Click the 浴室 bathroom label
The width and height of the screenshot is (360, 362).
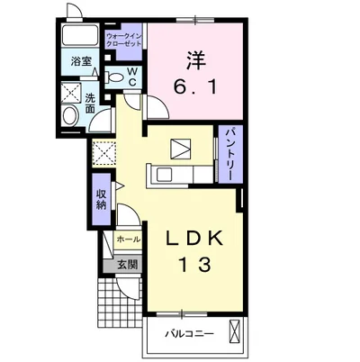tap(81, 61)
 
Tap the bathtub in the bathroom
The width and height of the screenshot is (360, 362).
tap(80, 35)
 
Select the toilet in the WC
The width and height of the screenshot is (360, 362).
tap(114, 77)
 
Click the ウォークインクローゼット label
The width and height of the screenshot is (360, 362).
tap(123, 40)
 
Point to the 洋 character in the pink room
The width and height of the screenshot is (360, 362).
tap(195, 59)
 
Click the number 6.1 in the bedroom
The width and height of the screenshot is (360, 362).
tap(195, 87)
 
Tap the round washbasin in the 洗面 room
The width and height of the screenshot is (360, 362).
tap(70, 115)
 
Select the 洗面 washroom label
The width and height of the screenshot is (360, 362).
tap(90, 104)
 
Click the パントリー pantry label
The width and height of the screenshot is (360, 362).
tap(230, 154)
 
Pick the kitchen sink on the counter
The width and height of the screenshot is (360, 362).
tap(165, 175)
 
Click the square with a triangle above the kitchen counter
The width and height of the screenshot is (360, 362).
tap(181, 149)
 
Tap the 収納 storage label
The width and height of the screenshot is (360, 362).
tap(101, 200)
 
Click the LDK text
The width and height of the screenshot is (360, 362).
tap(194, 239)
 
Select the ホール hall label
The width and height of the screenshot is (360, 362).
tap(128, 240)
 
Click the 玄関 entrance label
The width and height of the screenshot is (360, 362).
tap(127, 265)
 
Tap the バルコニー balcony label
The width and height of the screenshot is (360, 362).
tap(190, 333)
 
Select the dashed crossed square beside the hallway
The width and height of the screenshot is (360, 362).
tap(103, 152)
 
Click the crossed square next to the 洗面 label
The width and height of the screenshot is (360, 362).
tap(71, 93)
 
